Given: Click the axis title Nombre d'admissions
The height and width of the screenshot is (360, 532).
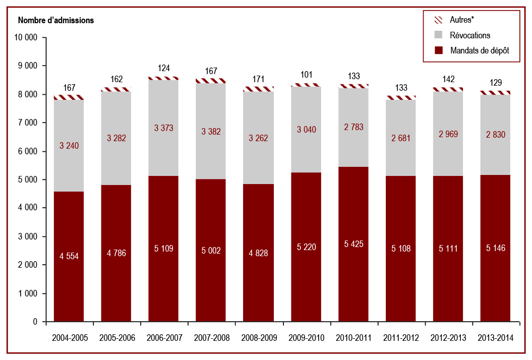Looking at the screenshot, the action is pos(56,20).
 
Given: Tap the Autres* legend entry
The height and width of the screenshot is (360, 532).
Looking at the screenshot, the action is pos(454,20).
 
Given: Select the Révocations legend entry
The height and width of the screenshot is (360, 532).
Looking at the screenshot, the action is pos(462,35).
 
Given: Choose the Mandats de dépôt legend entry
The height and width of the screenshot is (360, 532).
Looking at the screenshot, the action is pos(472,50).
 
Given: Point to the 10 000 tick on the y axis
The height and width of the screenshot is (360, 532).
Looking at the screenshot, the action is pos(26,37).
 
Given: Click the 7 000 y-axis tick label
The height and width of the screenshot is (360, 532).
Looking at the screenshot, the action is pos(28,123).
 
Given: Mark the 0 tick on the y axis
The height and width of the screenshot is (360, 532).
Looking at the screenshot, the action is pos(35,322).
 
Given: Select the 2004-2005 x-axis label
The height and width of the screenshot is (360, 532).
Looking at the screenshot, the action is pos(70,338).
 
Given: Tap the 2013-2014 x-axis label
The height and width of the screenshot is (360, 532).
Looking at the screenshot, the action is pos(496,338).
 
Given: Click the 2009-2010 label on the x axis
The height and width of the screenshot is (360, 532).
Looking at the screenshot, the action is pos(307,338).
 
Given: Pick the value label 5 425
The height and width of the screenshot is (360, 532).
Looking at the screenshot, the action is pos(353,244).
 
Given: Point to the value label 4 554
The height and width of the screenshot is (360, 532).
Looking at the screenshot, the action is pos(69,256).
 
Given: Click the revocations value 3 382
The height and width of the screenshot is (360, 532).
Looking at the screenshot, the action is pos(211,131).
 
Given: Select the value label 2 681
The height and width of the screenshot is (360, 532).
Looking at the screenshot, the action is pos(401,138).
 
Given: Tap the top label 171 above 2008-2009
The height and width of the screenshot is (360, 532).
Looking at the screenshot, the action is pos(258,79).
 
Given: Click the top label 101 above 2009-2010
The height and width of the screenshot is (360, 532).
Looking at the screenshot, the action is pos(307,75).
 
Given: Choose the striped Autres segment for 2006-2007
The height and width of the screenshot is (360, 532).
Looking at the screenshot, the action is pos(163,78).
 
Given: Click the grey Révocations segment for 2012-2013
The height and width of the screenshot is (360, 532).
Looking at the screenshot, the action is pos(448,134).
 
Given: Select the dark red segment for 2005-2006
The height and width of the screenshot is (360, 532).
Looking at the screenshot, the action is pos(116,253).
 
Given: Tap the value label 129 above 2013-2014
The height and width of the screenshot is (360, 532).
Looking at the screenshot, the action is pos(496,83).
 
